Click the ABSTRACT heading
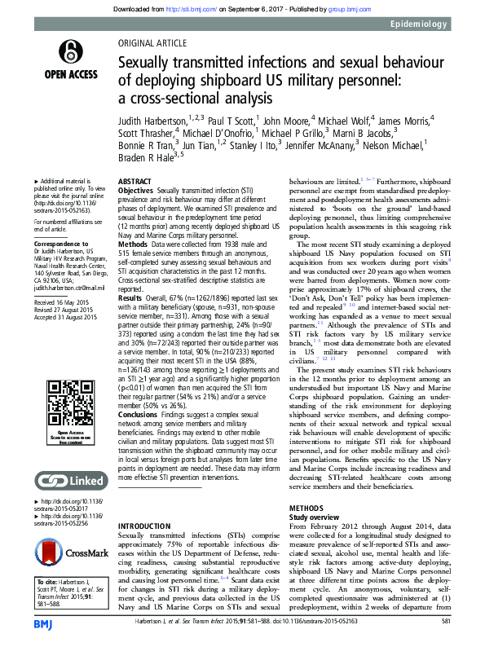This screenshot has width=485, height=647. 135,180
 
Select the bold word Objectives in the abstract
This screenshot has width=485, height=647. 136,188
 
